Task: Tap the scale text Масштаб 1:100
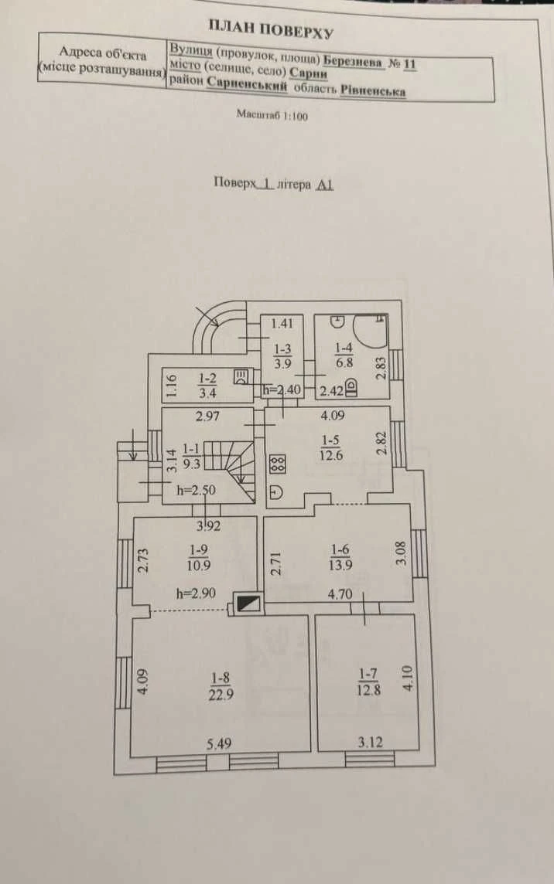(272, 116)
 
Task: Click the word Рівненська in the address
(373, 90)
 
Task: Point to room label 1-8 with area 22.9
(221, 685)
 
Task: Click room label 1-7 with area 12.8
(368, 681)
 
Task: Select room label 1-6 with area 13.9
(340, 557)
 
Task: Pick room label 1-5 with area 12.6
(331, 447)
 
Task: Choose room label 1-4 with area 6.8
(344, 355)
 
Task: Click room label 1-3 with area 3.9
(282, 356)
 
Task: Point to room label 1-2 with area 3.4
(207, 385)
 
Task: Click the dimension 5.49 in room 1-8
(218, 744)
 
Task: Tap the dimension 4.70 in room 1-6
(340, 593)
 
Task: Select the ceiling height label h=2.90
(196, 593)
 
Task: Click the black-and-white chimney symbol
(249, 603)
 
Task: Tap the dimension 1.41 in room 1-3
(282, 324)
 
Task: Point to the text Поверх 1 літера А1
(274, 184)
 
